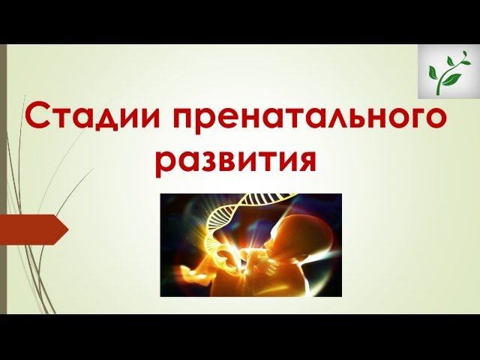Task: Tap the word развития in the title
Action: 241,160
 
